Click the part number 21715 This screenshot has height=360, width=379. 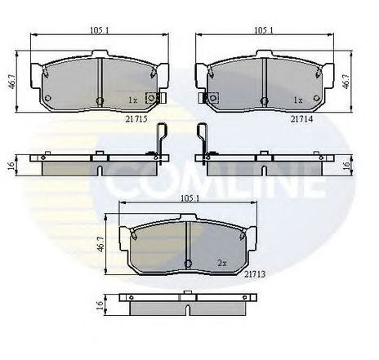136,118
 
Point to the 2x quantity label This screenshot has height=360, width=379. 221,263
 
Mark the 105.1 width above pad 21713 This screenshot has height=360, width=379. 189,196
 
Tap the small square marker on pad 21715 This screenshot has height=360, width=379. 150,99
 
